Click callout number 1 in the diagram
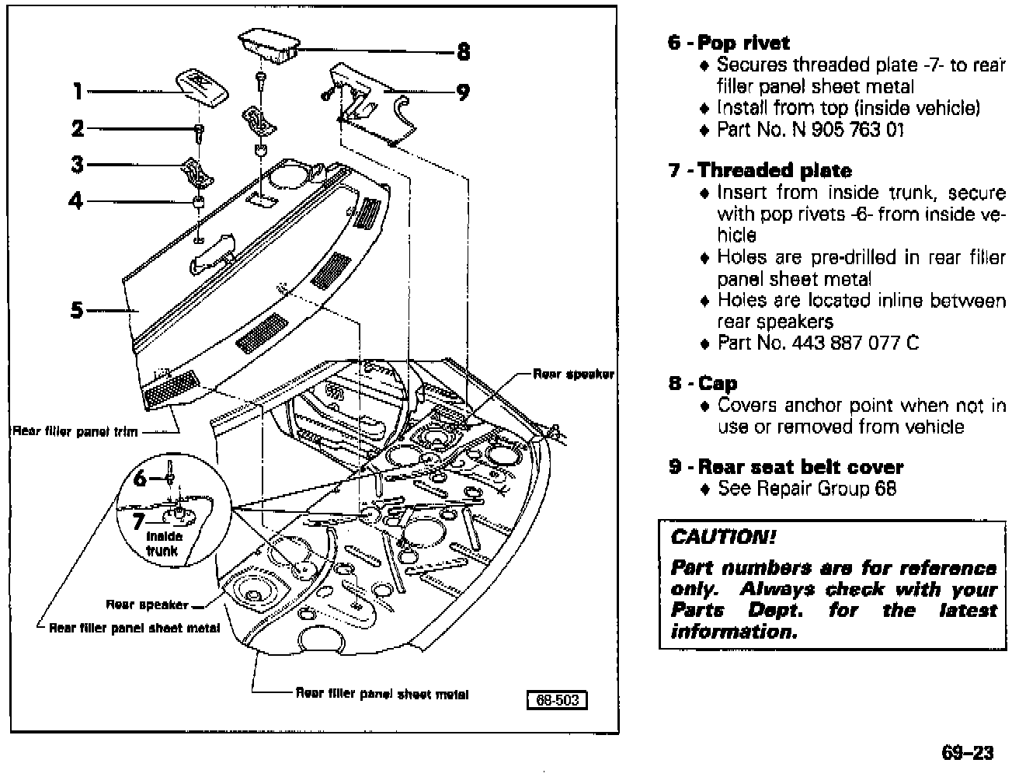[x=78, y=92]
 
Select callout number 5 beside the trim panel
[x=76, y=311]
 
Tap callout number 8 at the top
[x=463, y=52]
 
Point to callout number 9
[x=463, y=92]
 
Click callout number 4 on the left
[x=75, y=201]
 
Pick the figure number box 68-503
[x=557, y=700]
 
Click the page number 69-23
[x=967, y=753]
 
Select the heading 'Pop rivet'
[x=743, y=43]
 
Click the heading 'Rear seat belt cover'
[x=801, y=467]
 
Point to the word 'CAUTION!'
[x=723, y=537]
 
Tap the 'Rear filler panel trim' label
[x=75, y=431]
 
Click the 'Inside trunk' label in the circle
[x=163, y=543]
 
